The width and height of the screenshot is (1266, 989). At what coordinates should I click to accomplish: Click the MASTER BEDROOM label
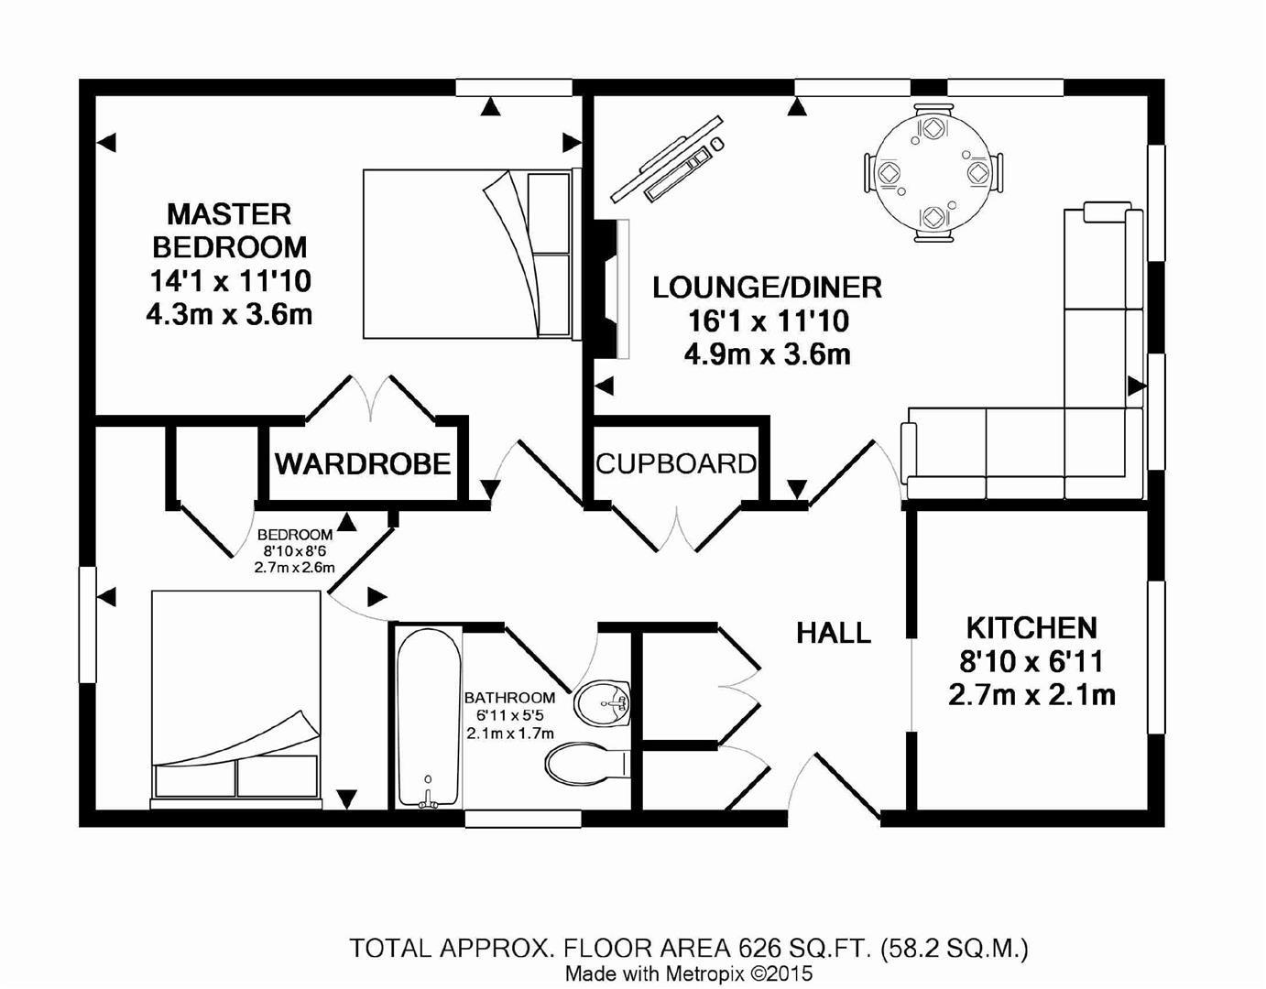pos(229,231)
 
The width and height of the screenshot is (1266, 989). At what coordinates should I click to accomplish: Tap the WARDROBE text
pos(363,464)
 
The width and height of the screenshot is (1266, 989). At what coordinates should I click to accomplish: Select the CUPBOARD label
pos(676,464)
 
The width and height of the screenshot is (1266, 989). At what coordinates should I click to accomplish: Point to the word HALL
pos(833,633)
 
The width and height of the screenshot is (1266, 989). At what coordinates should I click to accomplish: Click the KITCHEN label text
pos(1031,628)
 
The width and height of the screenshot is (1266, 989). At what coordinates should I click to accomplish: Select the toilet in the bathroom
pos(584,763)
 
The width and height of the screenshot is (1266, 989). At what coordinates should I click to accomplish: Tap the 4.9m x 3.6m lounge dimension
pos(767,354)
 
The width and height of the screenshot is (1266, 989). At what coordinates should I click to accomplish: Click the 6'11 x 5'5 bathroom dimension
pos(509,715)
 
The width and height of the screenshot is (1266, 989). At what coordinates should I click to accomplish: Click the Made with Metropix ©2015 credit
pos(688,973)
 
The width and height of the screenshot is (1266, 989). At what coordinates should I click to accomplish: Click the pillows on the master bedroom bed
pos(548,254)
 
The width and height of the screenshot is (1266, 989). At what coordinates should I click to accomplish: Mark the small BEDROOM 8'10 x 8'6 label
pos(295,535)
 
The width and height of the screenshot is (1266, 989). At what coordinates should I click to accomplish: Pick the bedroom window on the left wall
pos(87,625)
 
